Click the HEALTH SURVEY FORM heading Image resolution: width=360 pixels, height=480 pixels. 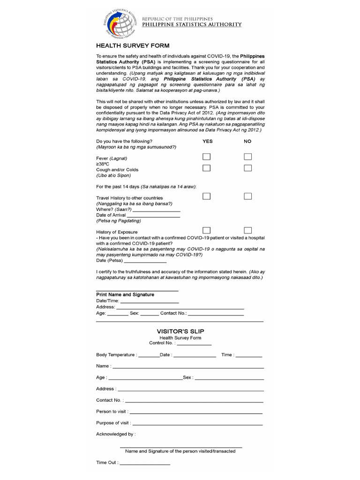(133, 46)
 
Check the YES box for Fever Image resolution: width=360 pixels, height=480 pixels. (207, 157)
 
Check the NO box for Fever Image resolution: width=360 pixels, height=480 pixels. (248, 157)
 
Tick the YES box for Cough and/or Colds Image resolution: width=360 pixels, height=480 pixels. (207, 168)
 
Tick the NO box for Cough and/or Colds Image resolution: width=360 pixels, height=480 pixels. (248, 168)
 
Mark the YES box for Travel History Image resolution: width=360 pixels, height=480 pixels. (207, 196)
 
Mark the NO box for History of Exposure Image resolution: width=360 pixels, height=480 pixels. (248, 230)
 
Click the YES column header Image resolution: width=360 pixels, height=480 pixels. (207, 141)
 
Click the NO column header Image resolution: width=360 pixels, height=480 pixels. (247, 141)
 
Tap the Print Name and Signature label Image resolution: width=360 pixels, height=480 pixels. (125, 294)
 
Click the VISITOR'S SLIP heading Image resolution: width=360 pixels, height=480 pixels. (180, 331)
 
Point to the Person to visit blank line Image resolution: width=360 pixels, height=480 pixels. (195, 412)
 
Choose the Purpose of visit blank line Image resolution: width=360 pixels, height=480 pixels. (197, 424)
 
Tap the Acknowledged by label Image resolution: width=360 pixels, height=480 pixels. (116, 434)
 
